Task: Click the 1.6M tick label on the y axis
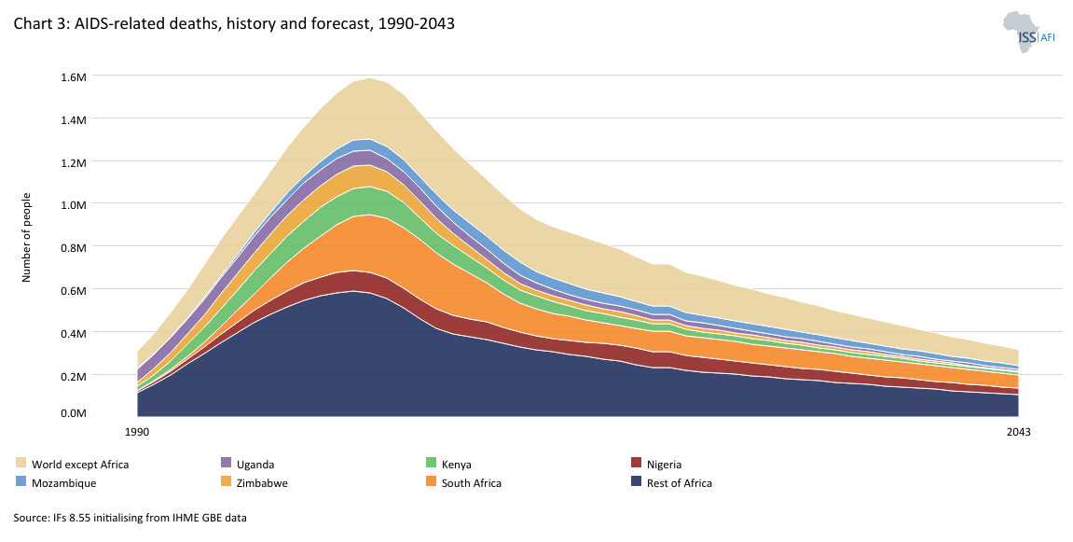72,76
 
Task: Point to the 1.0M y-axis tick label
72,204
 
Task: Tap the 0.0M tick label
72,413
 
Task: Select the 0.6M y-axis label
72,290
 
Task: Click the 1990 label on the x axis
137,433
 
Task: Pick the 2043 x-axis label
1018,433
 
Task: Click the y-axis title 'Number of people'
27,236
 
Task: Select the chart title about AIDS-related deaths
234,24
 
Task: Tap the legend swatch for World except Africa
21,464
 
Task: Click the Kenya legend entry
456,464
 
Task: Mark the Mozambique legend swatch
21,482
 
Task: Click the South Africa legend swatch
431,482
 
